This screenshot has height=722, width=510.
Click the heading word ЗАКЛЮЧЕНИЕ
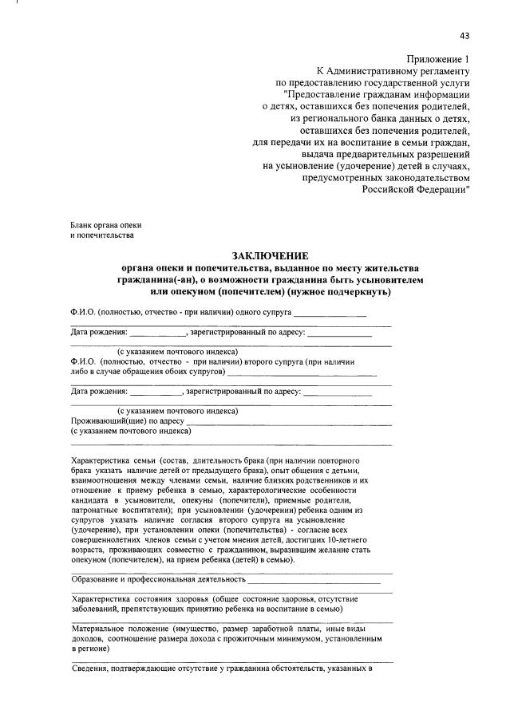(269, 255)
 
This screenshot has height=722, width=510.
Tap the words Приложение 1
(438, 59)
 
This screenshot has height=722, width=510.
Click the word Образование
(97, 578)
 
